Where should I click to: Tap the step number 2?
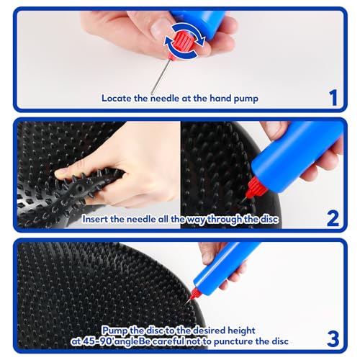tap(333, 216)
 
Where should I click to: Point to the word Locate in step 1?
tap(117, 98)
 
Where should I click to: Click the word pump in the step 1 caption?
tap(242, 98)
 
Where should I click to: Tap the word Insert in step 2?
tap(98, 218)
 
